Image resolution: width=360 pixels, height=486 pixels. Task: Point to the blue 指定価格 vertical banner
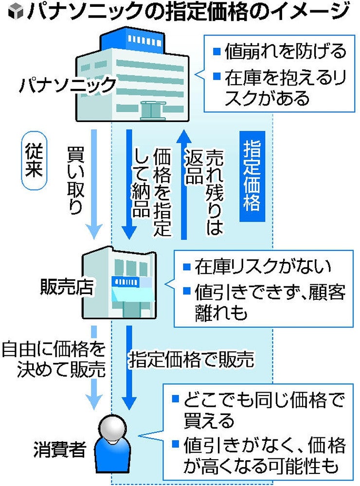(252, 176)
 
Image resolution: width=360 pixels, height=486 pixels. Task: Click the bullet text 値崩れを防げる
(280, 51)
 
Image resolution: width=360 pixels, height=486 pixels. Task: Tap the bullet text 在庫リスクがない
(262, 266)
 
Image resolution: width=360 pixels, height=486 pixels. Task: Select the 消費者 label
(60, 450)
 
